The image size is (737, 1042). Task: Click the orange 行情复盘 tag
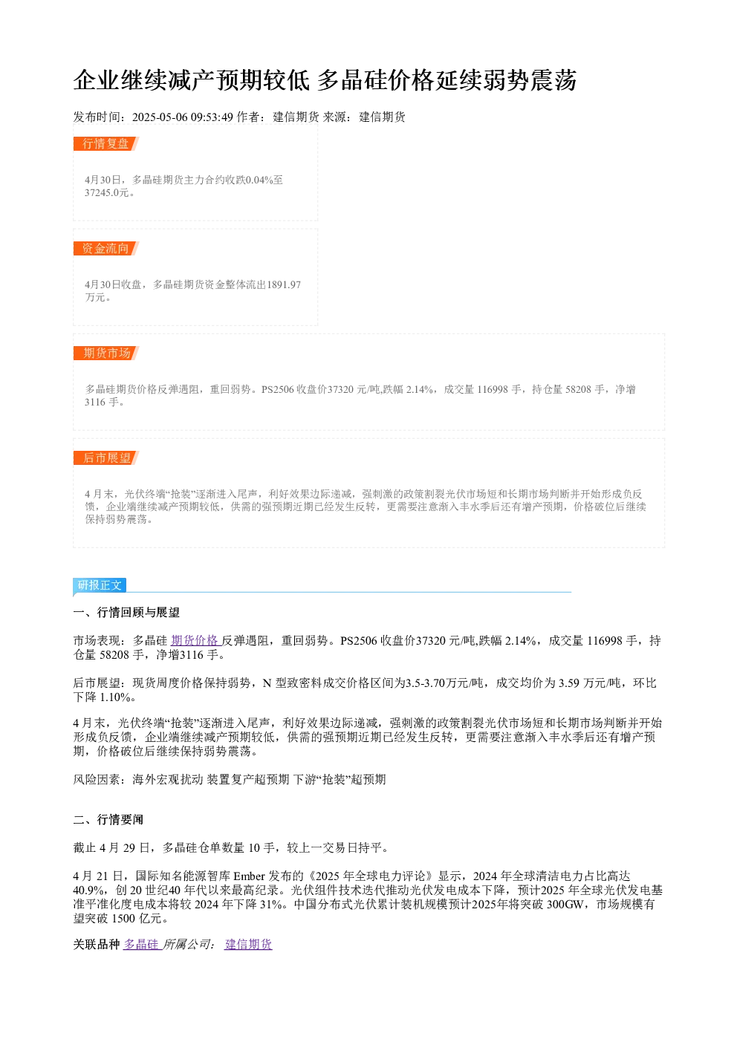pyautogui.click(x=105, y=144)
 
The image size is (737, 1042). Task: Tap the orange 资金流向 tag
pyautogui.click(x=105, y=248)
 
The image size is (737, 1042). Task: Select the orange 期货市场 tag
pyautogui.click(x=105, y=353)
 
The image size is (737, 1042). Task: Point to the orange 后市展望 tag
pyautogui.click(x=105, y=457)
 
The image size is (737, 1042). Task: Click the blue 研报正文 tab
pyautogui.click(x=100, y=585)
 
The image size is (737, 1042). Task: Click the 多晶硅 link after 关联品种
pyautogui.click(x=142, y=944)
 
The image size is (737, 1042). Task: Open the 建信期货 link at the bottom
pyautogui.click(x=248, y=944)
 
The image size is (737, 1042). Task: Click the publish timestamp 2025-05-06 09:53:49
pyautogui.click(x=182, y=117)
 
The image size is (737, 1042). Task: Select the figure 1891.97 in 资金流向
pyautogui.click(x=284, y=284)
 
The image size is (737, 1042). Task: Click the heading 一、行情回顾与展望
pyautogui.click(x=126, y=613)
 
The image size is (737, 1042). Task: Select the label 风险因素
pyautogui.click(x=97, y=780)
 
